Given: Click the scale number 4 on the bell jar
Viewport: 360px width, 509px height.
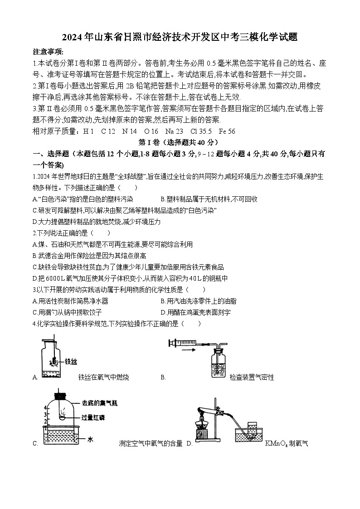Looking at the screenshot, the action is pyautogui.click(x=44, y=408).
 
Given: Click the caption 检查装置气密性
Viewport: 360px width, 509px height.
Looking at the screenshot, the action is pyautogui.click(x=252, y=377).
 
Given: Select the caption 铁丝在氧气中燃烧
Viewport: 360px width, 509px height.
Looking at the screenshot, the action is pyautogui.click(x=103, y=377).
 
